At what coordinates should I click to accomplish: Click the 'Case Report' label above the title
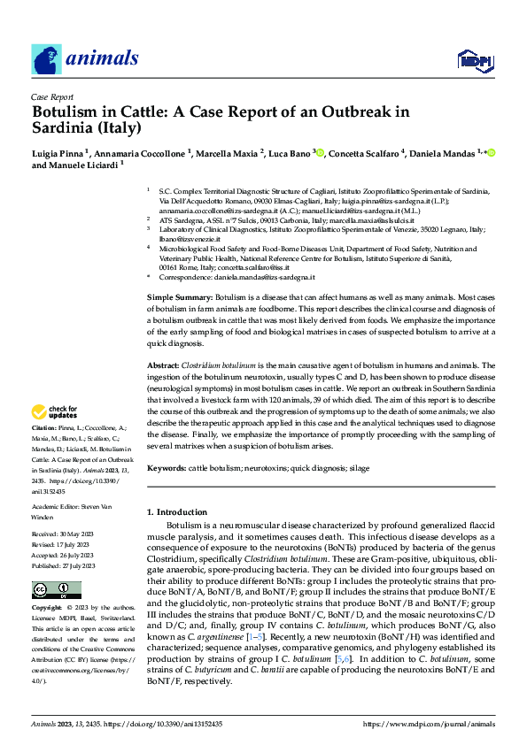tap(51, 96)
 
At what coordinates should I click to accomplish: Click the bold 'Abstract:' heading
tap(163, 365)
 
